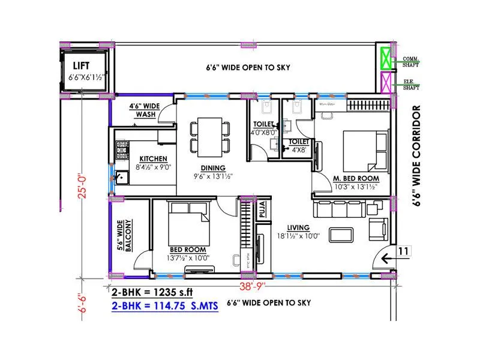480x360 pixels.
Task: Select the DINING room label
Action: coord(213,167)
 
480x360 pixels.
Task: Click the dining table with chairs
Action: coord(210,136)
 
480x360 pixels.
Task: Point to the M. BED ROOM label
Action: coord(356,179)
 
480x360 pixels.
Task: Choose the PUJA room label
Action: coord(263,211)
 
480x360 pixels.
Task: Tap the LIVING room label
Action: coord(298,227)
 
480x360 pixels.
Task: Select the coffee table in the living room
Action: coord(341,234)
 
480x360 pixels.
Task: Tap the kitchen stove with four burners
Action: coord(122,149)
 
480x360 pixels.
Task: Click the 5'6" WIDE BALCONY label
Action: coord(124,235)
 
